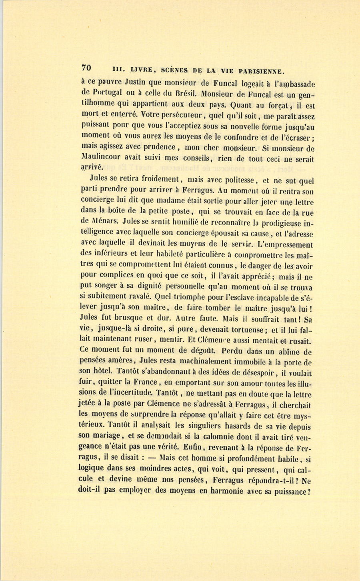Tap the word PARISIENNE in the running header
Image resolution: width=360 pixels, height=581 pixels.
[x=262, y=71]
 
